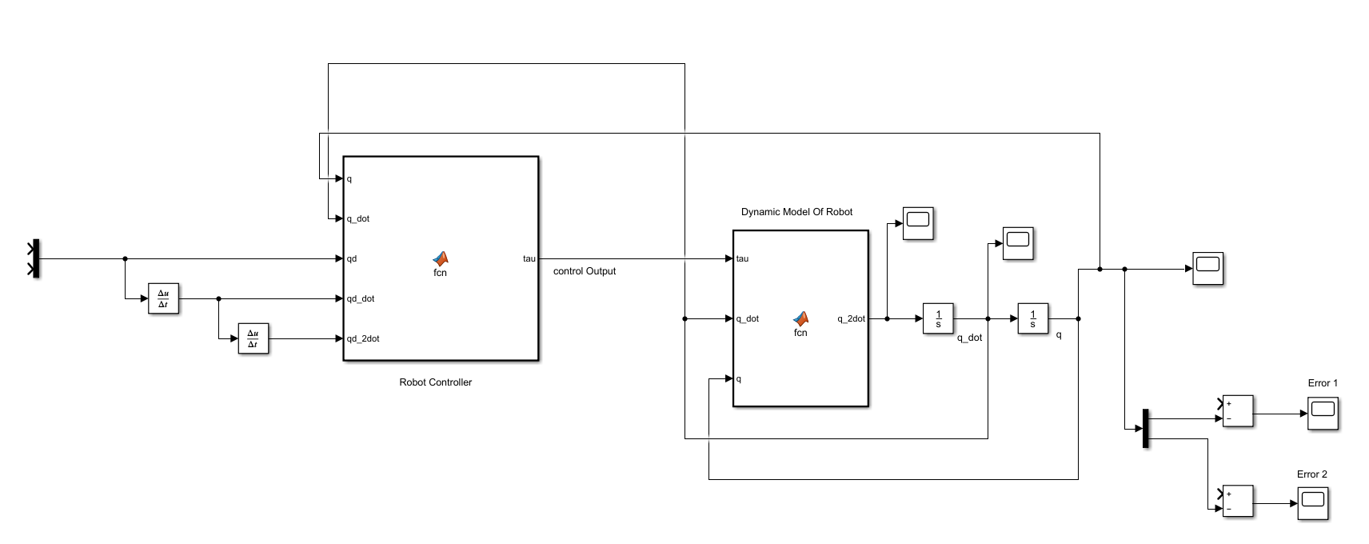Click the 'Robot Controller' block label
(435, 382)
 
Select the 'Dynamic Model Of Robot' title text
(796, 212)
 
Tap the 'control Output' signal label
(584, 271)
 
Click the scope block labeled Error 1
(1323, 414)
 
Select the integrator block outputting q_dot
(938, 318)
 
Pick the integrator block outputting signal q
(1032, 318)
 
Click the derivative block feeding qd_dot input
(163, 298)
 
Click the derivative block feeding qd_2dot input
(253, 338)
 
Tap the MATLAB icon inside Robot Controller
(441, 258)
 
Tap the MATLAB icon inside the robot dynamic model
(800, 318)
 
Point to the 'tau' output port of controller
(529, 258)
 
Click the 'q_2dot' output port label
(851, 318)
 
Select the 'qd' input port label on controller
(352, 258)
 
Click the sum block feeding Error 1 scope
(1238, 410)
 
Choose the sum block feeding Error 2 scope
(1238, 501)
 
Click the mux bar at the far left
(35, 258)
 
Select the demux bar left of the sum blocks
(1145, 429)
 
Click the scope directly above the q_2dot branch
(918, 223)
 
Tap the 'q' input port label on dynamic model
(739, 378)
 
